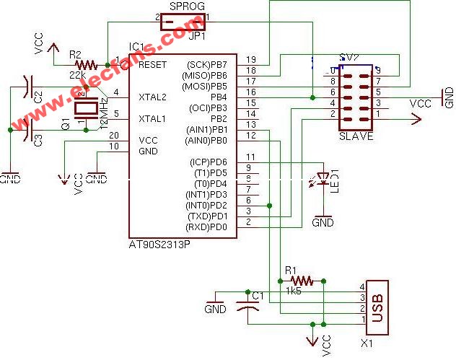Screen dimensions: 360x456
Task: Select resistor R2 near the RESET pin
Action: [x=84, y=65]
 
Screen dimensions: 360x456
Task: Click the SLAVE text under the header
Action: [x=356, y=136]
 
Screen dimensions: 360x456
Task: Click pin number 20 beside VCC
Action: [x=114, y=136]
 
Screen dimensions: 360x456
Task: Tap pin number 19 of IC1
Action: [x=251, y=59]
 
